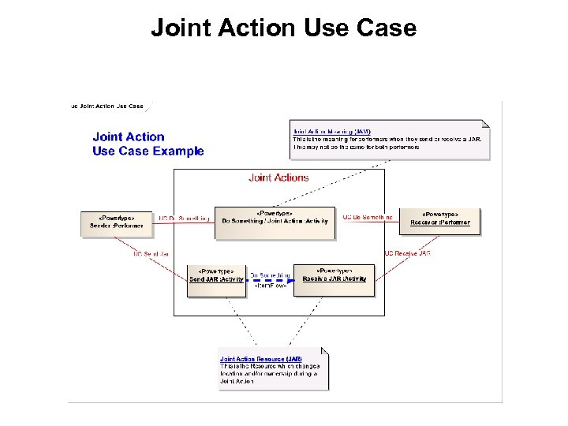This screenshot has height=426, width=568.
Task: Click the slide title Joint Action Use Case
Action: click(283, 28)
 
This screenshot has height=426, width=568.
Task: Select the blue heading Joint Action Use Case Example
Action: click(148, 144)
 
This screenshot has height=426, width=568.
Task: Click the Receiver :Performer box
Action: click(439, 218)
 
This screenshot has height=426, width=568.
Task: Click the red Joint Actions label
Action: click(278, 177)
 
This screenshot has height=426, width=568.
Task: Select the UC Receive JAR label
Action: click(407, 253)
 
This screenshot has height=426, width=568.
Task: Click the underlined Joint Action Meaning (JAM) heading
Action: click(331, 131)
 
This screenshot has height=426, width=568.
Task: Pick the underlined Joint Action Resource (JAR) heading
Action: click(260, 359)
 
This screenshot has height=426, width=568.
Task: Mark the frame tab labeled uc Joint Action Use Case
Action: click(107, 106)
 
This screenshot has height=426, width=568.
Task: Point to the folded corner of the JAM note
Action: click(484, 124)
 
